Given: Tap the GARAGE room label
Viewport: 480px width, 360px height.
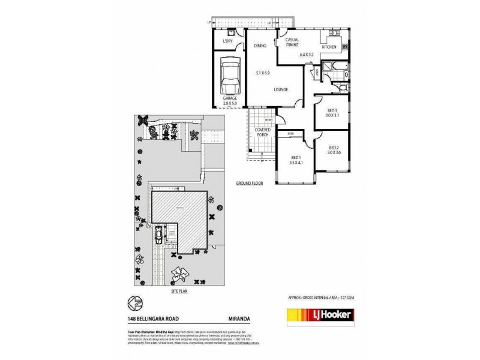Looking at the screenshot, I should [230, 98].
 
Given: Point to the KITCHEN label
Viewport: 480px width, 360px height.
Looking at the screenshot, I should [329, 47].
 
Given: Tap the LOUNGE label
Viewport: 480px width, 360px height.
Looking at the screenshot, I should [281, 89].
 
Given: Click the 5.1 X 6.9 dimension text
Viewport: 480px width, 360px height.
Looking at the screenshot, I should [263, 73].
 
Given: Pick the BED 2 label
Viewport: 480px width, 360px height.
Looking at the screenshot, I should [334, 148].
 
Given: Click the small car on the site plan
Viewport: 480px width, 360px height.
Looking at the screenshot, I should [158, 235].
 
